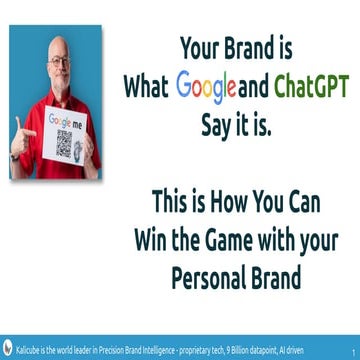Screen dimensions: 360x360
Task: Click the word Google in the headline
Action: (205, 87)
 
